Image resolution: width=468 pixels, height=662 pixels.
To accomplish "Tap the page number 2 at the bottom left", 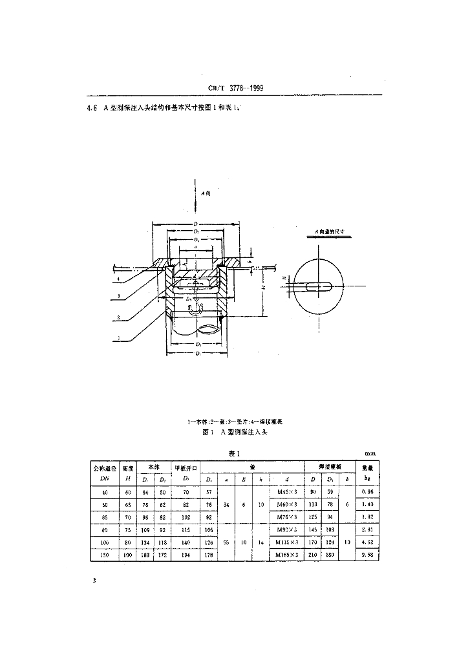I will (x=94, y=581).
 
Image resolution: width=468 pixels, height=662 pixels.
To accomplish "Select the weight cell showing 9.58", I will (x=367, y=554).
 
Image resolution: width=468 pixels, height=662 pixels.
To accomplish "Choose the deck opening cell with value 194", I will (x=186, y=554).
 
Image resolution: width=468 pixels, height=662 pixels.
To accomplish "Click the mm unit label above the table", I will (x=370, y=454).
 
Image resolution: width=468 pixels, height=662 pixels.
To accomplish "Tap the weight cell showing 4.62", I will (x=367, y=542).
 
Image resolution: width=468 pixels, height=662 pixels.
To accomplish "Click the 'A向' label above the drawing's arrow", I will (x=205, y=193).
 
